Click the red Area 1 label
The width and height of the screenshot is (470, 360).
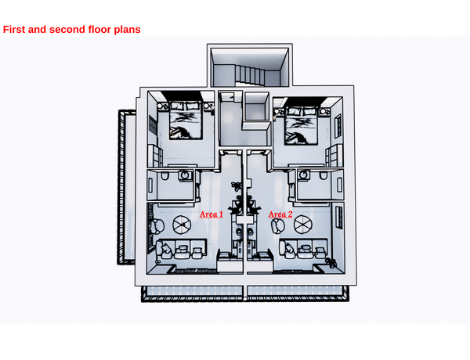[x=211, y=214]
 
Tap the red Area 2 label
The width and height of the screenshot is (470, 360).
[x=280, y=214]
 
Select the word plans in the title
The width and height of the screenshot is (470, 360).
[x=125, y=30]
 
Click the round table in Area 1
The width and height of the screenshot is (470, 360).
[x=183, y=225]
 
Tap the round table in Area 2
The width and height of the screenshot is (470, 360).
[x=302, y=225]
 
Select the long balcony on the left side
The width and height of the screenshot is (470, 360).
[x=124, y=188]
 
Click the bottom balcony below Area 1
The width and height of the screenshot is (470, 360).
[x=191, y=293]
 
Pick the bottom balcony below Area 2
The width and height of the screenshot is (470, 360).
[x=295, y=293]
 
